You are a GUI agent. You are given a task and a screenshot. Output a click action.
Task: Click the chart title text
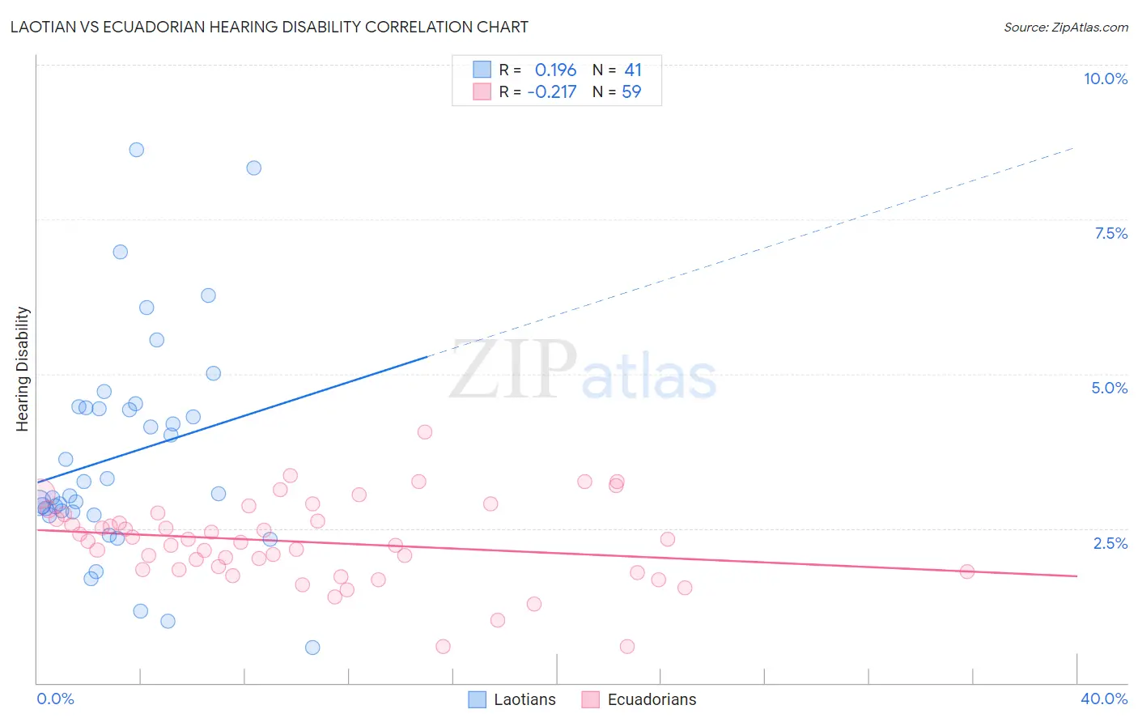pyautogui.click(x=270, y=27)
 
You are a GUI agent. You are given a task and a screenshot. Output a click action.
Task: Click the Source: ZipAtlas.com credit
pyautogui.click(x=1065, y=27)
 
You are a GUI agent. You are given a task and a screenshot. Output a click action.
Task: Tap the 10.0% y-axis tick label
pyautogui.click(x=1105, y=79)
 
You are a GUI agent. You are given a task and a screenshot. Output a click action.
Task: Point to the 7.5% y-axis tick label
pyautogui.click(x=1110, y=233)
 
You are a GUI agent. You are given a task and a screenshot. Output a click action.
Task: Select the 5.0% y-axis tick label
pyautogui.click(x=1109, y=388)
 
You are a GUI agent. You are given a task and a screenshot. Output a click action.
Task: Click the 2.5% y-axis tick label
pyautogui.click(x=1110, y=543)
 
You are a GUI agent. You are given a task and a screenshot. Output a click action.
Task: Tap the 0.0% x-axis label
pyautogui.click(x=55, y=699)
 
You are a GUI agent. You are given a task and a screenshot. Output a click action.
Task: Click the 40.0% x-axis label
pyautogui.click(x=1103, y=699)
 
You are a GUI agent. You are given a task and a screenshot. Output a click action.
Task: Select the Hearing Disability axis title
pyautogui.click(x=23, y=369)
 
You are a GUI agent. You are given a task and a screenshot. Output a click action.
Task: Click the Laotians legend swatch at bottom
pyautogui.click(x=478, y=699)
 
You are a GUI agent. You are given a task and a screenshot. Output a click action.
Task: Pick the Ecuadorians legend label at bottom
pyautogui.click(x=652, y=699)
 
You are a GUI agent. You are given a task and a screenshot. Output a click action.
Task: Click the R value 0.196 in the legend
pyautogui.click(x=555, y=70)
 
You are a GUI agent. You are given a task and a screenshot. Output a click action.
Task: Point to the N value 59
pyautogui.click(x=631, y=92)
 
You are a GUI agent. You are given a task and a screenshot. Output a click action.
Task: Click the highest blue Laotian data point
pyautogui.click(x=137, y=150)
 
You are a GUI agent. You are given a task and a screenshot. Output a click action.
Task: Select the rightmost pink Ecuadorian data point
pyautogui.click(x=966, y=571)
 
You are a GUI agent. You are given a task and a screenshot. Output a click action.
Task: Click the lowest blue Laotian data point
pyautogui.click(x=312, y=648)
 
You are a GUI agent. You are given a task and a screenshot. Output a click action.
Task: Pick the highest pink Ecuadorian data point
pyautogui.click(x=425, y=432)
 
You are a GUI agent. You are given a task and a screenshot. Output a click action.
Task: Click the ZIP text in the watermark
pyautogui.click(x=513, y=370)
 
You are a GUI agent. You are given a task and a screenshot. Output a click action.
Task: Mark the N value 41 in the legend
pyautogui.click(x=633, y=70)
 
